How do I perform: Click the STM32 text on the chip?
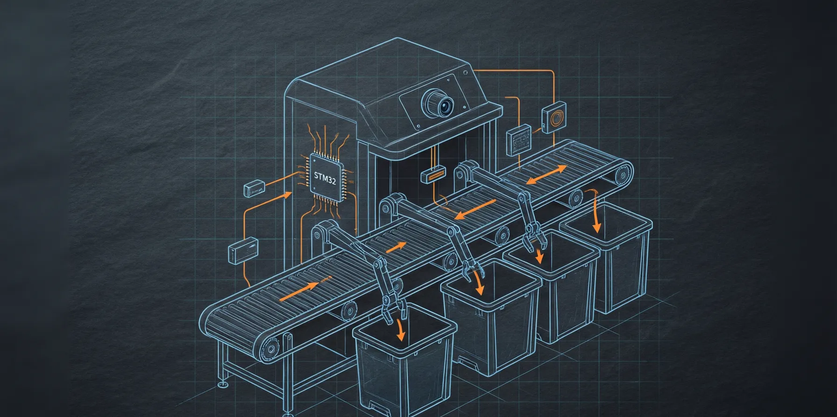pos(325,178)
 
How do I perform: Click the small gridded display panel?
pos(519,139)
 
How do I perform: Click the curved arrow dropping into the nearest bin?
pos(400,330)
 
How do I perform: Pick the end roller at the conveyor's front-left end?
pos(270,348)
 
